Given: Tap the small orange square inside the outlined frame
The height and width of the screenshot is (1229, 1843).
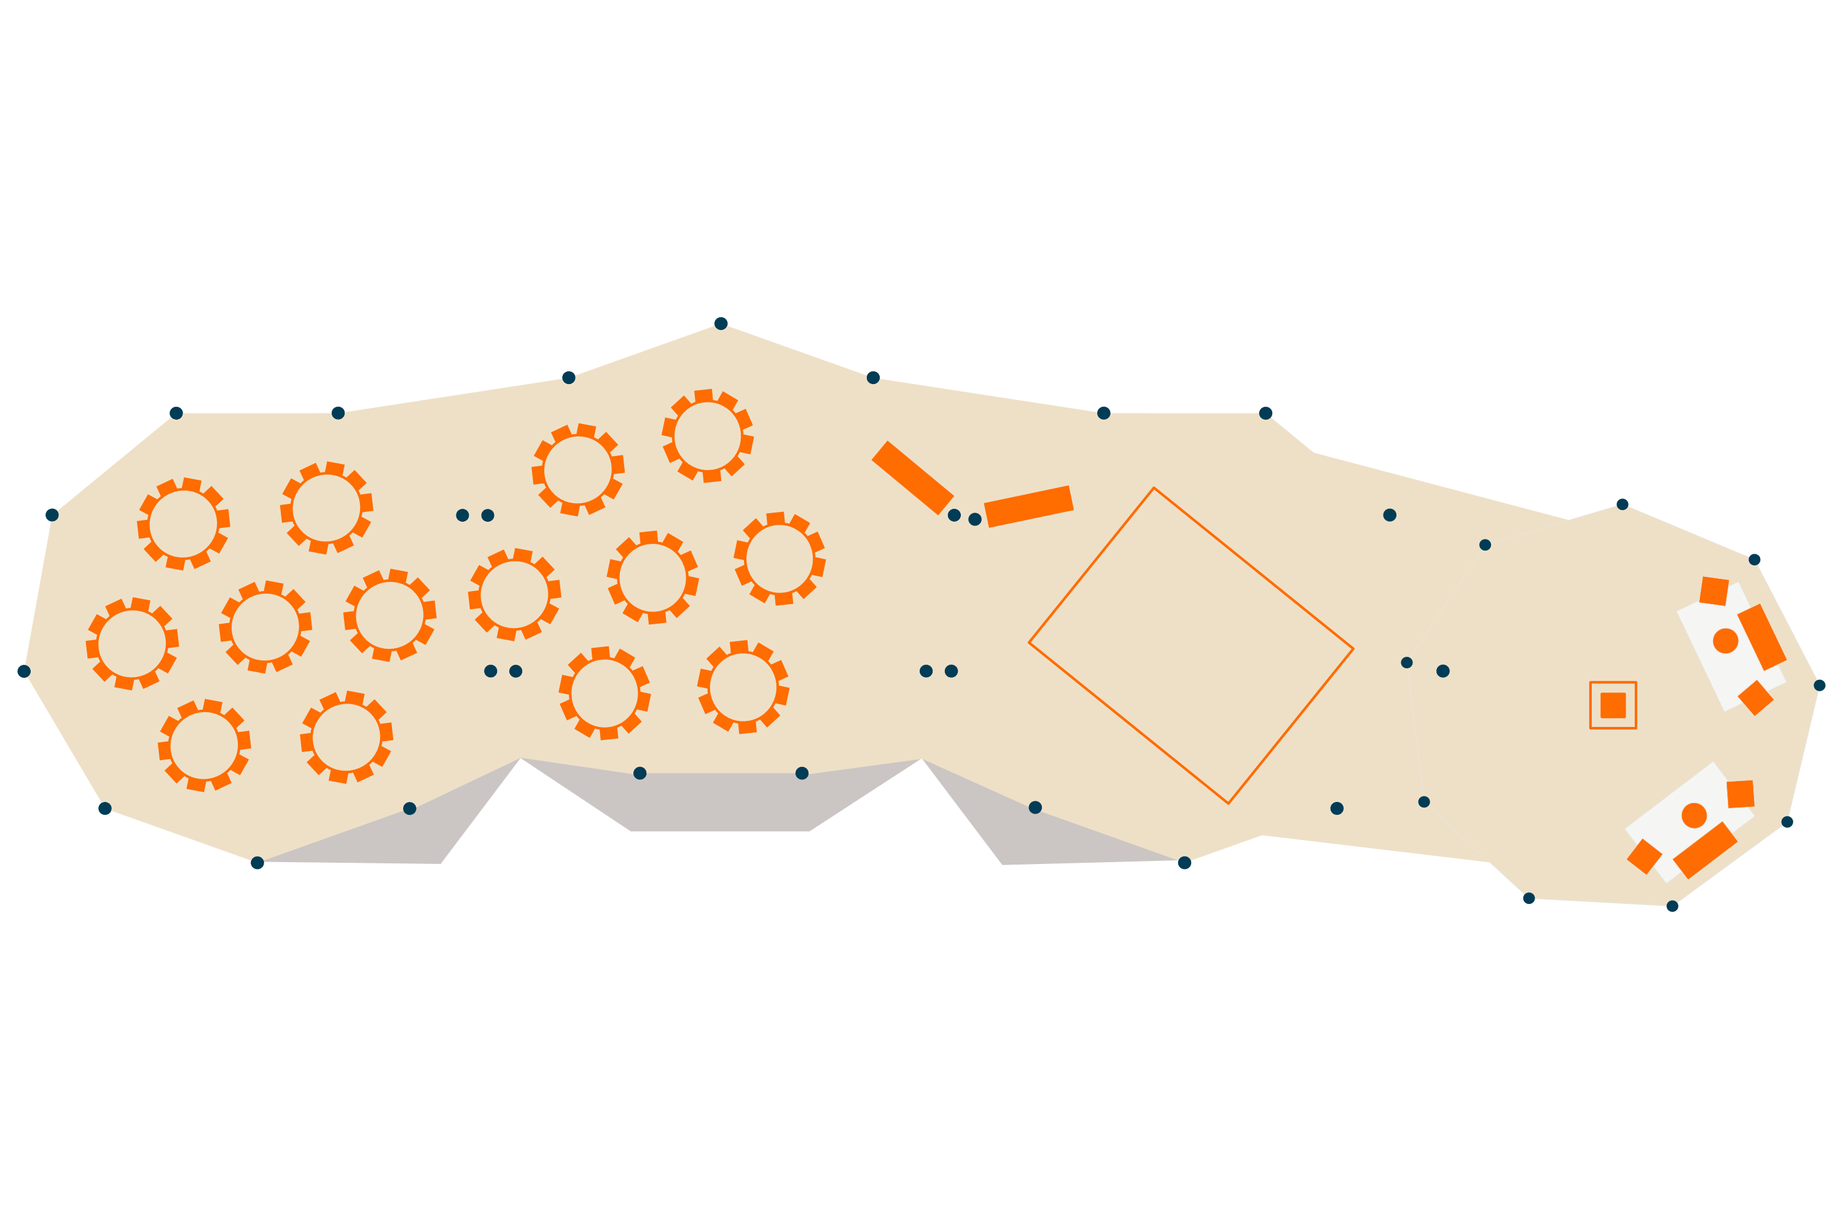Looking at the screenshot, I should [x=1613, y=705].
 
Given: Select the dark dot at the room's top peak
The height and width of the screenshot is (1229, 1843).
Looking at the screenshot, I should [x=721, y=324].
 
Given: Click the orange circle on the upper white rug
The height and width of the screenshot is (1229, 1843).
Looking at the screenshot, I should [x=1726, y=640].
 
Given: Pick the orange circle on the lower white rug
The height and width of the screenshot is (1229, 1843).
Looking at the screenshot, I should [x=1694, y=815].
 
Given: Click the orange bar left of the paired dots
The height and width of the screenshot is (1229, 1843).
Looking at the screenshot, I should [x=912, y=477].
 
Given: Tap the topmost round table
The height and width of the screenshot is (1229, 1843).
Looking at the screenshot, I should [x=708, y=436].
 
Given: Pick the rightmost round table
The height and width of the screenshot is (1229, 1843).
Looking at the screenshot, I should [x=780, y=559].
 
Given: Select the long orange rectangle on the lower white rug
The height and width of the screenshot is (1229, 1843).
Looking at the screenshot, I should [x=1705, y=850].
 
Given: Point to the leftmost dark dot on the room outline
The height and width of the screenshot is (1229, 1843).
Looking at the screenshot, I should [x=23, y=671].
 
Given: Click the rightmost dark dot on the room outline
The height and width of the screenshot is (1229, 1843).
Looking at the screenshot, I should [x=1820, y=685].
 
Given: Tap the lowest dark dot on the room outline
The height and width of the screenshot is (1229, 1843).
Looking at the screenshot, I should [x=1672, y=906].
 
